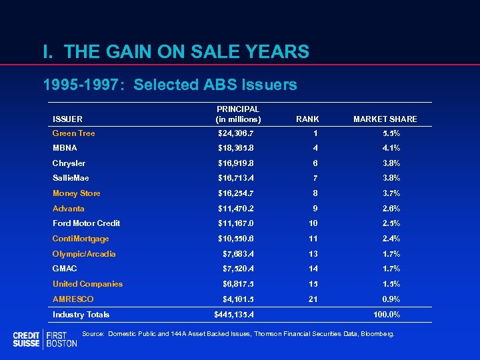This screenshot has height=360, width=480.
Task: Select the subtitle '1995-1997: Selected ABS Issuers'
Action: [x=169, y=85]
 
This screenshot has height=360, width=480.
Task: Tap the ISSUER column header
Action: [x=67, y=119]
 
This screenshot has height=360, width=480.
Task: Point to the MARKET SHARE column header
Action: [x=385, y=119]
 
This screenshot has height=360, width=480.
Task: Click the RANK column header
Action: [x=307, y=119]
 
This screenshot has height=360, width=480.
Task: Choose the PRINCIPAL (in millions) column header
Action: [x=238, y=114]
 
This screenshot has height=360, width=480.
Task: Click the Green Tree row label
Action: [x=73, y=133]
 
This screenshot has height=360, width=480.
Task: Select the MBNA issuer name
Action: [x=65, y=148]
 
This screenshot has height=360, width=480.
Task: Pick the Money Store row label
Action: [x=76, y=193]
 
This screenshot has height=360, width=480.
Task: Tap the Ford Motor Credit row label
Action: [x=86, y=223]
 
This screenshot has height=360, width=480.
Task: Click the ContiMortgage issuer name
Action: [x=81, y=239]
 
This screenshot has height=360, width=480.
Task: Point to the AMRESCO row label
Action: [x=73, y=299]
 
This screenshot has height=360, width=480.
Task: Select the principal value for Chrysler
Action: [x=235, y=163]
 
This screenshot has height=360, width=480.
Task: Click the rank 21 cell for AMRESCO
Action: [x=313, y=299]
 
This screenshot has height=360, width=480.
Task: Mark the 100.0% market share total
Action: [x=386, y=315]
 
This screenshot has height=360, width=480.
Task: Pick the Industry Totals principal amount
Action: [x=233, y=315]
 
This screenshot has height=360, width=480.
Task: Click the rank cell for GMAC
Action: [x=313, y=269]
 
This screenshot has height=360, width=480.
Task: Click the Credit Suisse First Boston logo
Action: [x=45, y=339]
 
